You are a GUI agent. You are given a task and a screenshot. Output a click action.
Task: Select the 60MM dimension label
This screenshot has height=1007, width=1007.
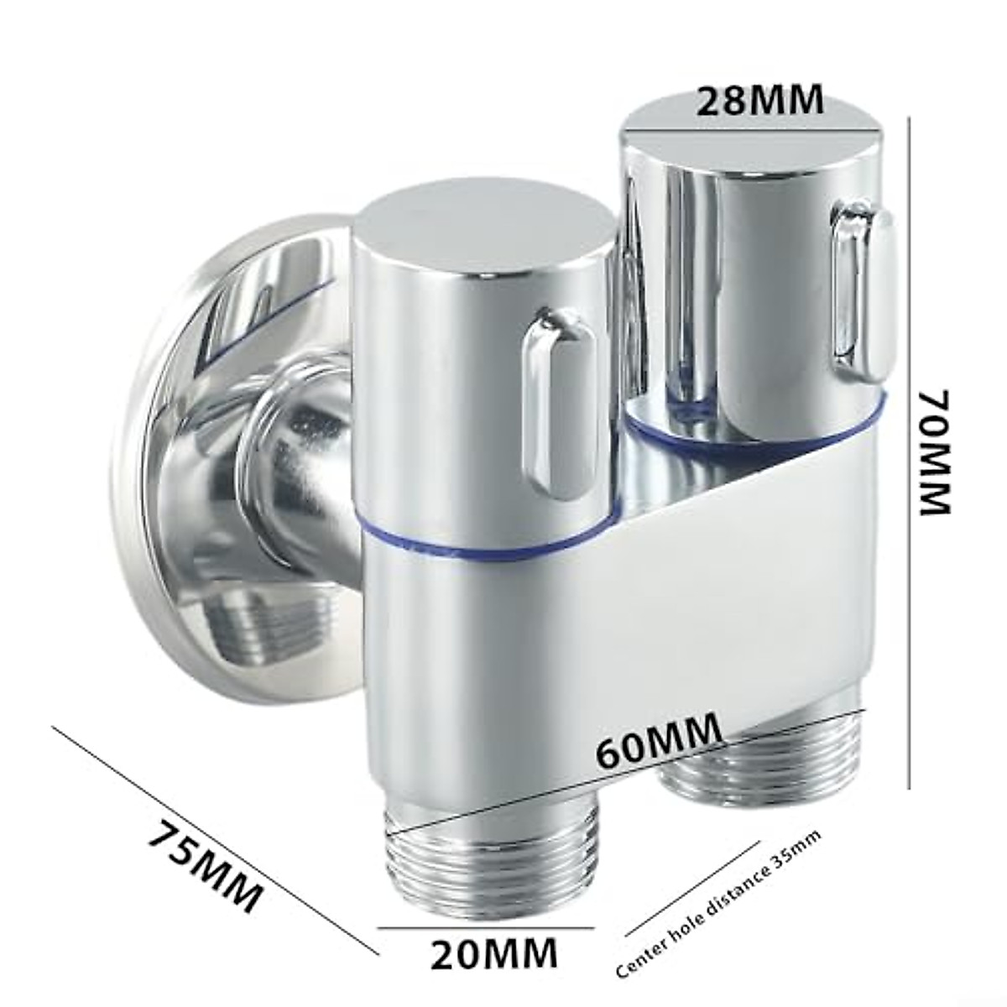(x=660, y=740)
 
